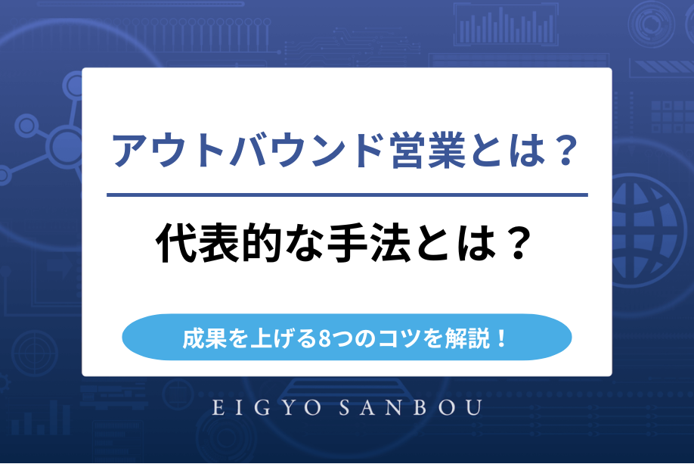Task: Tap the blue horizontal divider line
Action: coord(347,195)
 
